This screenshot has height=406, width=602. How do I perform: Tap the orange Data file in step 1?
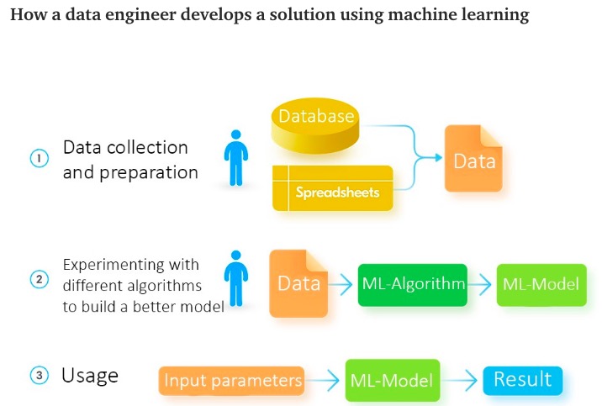click(474, 159)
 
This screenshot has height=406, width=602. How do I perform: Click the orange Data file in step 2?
click(298, 283)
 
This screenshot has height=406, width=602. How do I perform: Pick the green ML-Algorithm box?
click(413, 283)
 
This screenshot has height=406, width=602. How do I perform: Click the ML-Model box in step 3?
click(392, 381)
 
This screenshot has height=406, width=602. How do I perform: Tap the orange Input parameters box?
click(232, 381)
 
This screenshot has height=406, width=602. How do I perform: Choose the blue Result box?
click(522, 379)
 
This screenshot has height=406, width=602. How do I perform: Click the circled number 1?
click(39, 158)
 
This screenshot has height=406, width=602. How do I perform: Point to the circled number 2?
click(39, 279)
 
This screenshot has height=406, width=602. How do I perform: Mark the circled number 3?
click(39, 376)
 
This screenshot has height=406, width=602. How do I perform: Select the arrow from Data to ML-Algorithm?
click(341, 284)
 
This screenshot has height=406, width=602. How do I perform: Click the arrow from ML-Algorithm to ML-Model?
click(480, 284)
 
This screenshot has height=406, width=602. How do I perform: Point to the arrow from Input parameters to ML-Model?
click(325, 381)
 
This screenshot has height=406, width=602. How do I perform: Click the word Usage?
click(90, 375)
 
